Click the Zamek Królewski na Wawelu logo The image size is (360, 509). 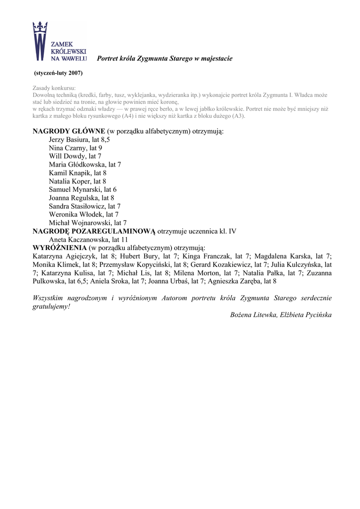[x=59, y=42]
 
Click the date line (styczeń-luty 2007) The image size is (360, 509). [x=58, y=73]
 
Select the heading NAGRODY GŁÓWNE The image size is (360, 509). [x=69, y=132]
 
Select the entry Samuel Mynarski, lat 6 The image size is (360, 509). [x=83, y=189]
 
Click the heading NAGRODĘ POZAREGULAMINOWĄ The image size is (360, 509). [x=94, y=231]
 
